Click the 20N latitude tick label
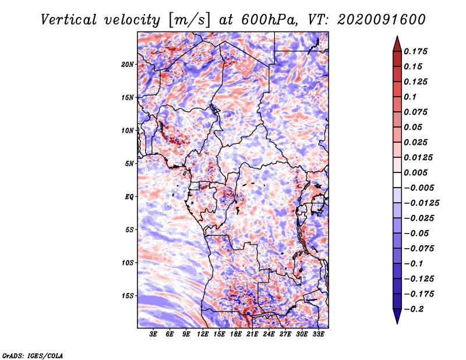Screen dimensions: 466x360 (128, 65)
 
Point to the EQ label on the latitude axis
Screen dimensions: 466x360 (129, 197)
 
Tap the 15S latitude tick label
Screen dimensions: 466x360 (128, 296)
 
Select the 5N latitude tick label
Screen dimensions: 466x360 (129, 164)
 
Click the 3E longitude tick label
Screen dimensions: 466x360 (153, 334)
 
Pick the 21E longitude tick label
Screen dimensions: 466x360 (252, 334)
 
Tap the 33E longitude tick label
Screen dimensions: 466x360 (318, 334)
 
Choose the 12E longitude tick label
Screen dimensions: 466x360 (203, 334)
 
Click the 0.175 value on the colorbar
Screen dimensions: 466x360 (415, 51)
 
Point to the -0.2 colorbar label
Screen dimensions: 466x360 (413, 309)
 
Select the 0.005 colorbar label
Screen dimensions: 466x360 (415, 172)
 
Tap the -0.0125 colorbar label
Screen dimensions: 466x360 (421, 203)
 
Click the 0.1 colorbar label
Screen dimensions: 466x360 (410, 97)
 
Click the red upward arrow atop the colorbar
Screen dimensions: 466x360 (397, 44)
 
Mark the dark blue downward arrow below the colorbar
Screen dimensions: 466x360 (397, 316)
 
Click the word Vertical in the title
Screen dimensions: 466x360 (69, 20)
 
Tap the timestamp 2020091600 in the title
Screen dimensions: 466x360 (382, 20)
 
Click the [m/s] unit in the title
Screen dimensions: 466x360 (190, 20)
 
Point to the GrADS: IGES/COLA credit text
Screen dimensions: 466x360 (33, 355)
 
